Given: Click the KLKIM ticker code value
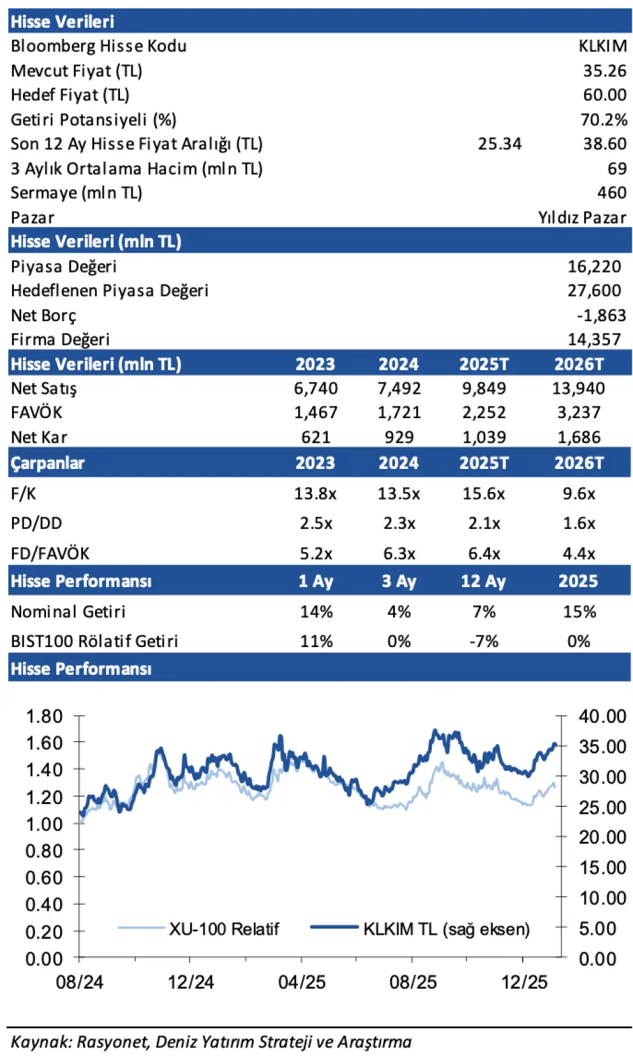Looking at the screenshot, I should (602, 46).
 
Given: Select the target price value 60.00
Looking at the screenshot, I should (604, 95).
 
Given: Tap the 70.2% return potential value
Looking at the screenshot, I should (603, 120).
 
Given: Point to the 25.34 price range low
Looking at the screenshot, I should (499, 144).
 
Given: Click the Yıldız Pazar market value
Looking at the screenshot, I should (582, 218).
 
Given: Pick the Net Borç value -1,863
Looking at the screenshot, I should (601, 315).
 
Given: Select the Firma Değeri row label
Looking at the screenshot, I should (60, 340).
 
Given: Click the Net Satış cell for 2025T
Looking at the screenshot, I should (483, 388).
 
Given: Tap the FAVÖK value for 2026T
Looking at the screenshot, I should (578, 413).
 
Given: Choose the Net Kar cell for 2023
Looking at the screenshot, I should (315, 437).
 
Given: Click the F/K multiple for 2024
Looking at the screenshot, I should (398, 494).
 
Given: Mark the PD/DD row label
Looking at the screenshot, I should (36, 524).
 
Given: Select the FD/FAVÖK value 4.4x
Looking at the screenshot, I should (578, 554).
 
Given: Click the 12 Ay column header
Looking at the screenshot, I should (483, 582).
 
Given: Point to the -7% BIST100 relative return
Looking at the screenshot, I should (483, 642).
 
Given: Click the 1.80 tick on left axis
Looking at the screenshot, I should (44, 716).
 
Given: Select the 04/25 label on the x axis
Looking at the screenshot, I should (301, 982).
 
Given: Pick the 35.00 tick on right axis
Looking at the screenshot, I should (602, 747).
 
